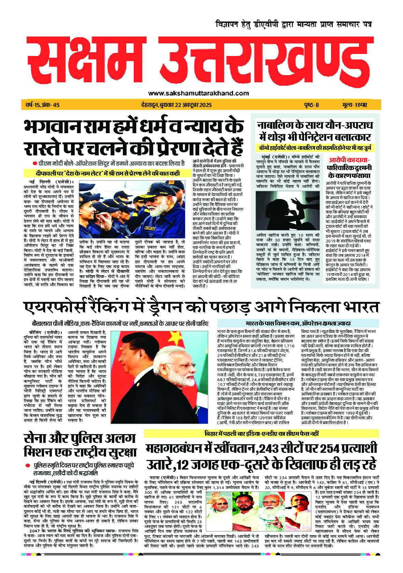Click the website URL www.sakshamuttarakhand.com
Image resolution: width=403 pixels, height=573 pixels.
pyautogui.click(x=199, y=93)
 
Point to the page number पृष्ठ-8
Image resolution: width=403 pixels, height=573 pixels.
pyautogui.click(x=311, y=105)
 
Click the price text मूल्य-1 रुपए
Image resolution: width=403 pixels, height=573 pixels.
pyautogui.click(x=357, y=105)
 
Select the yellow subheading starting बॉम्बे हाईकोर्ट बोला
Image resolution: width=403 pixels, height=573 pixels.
pyautogui.click(x=316, y=148)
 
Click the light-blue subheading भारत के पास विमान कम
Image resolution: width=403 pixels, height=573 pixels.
pyautogui.click(x=298, y=323)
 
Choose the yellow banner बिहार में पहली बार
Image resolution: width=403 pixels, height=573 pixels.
pyautogui.click(x=261, y=433)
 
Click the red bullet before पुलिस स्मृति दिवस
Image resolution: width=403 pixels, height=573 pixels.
pyautogui.click(x=27, y=465)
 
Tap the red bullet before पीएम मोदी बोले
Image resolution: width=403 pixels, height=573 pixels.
pyautogui.click(x=35, y=163)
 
